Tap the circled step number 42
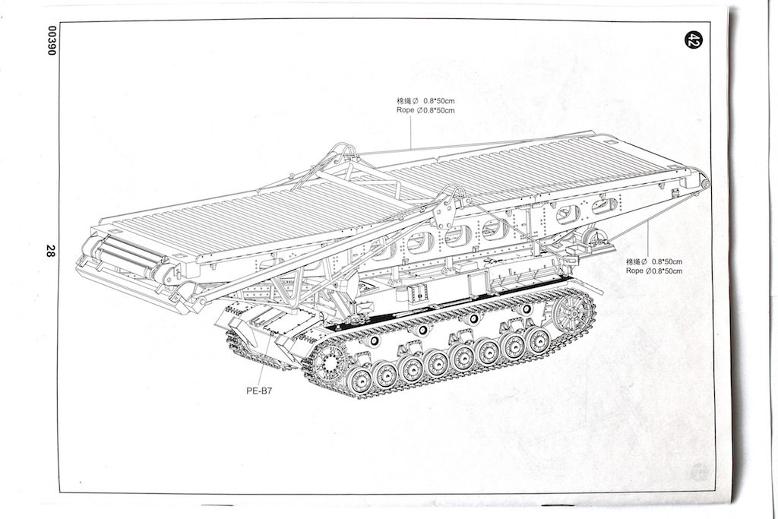click(x=691, y=40)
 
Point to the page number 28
click(x=50, y=252)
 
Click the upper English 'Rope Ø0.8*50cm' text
click(x=425, y=110)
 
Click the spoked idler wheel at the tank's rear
click(x=572, y=311)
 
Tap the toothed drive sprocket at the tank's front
click(x=329, y=360)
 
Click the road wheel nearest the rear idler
click(x=538, y=340)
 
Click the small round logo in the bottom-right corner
click(x=700, y=471)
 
